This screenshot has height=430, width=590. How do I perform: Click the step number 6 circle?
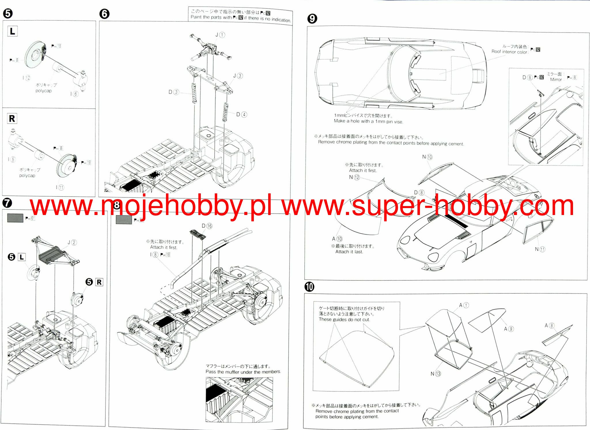[x=104, y=14]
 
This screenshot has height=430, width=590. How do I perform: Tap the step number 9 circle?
[x=312, y=19]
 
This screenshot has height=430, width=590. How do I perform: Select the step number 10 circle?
[x=309, y=287]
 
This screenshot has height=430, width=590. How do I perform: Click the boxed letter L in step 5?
[x=12, y=31]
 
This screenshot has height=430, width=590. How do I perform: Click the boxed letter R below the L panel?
[x=12, y=118]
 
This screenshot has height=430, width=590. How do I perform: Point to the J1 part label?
[x=220, y=35]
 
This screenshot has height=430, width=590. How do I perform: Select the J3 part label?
[x=238, y=76]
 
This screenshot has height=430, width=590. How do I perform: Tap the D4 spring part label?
[x=241, y=114]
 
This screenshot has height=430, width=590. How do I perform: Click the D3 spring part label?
[x=174, y=92]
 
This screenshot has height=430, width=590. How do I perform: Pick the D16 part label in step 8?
[x=207, y=226]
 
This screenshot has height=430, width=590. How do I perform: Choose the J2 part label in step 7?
[x=72, y=242]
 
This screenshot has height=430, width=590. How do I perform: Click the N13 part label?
[x=436, y=374]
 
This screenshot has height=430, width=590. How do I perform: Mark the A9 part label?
[x=508, y=329]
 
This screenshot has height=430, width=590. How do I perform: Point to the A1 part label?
[x=464, y=305]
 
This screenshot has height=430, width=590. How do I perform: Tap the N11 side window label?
[x=540, y=249]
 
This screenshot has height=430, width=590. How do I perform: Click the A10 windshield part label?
[x=337, y=239]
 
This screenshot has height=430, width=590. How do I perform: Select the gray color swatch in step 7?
[x=15, y=218]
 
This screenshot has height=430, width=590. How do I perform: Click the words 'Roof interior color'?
[x=509, y=52]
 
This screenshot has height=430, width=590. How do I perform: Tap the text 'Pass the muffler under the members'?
[x=243, y=372]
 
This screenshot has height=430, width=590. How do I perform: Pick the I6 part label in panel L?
[x=74, y=94]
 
